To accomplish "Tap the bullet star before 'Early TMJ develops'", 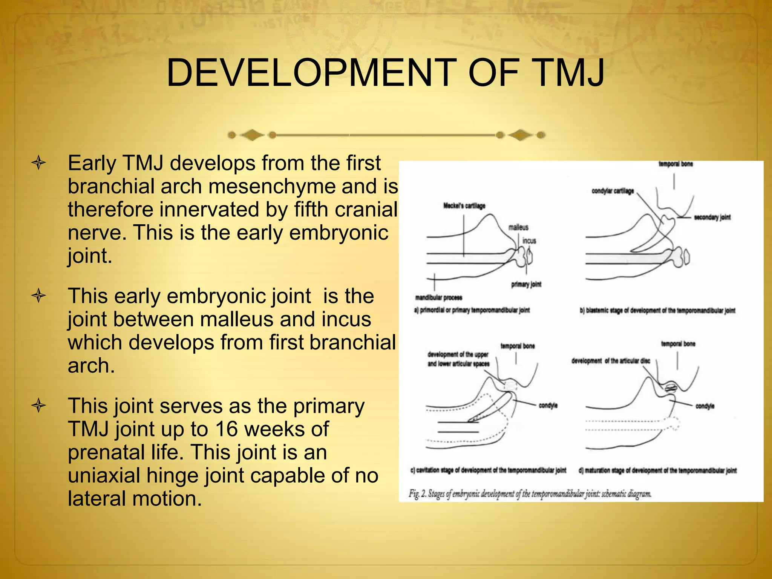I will click(39, 163).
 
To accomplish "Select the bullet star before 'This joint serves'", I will click(39, 406).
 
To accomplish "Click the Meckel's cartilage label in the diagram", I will click(464, 206).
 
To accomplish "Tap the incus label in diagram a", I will click(529, 240).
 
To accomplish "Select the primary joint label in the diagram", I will click(526, 284).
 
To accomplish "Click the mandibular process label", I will click(438, 297).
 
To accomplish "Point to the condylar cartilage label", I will click(613, 191).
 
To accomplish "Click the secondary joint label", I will click(712, 217).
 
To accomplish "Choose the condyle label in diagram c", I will click(548, 406).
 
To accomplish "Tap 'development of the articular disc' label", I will click(611, 361).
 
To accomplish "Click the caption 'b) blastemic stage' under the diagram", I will click(657, 311).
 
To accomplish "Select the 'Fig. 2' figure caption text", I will click(530, 494).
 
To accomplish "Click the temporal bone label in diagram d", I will click(678, 344).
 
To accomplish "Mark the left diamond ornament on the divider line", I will click(252, 135).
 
